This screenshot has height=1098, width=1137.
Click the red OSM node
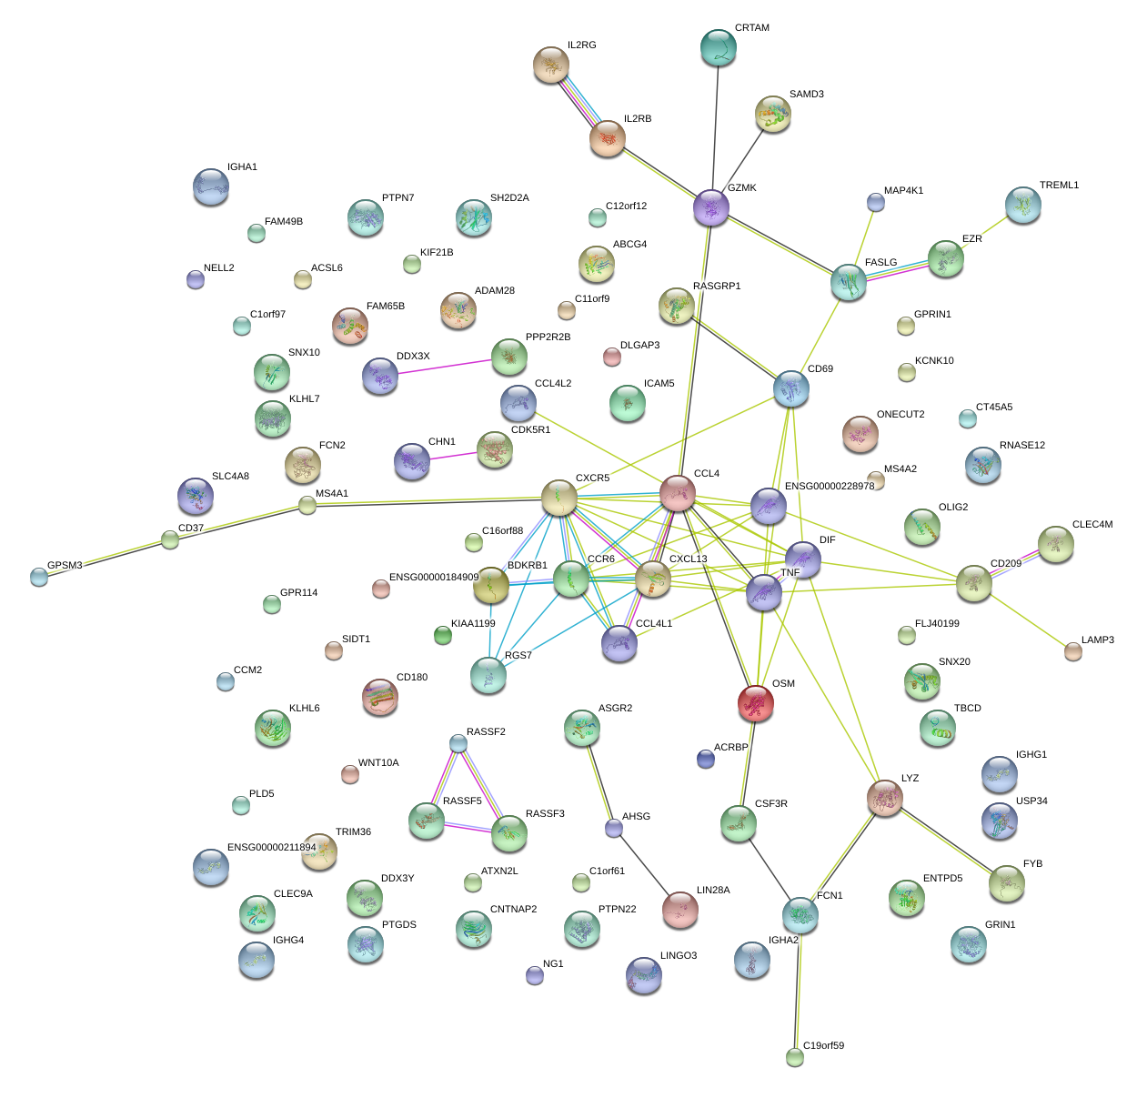tap(755, 703)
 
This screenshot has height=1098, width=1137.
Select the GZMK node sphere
tap(711, 207)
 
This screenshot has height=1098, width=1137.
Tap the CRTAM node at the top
tap(719, 47)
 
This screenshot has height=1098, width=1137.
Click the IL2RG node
tap(551, 65)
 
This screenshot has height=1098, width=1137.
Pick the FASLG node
tap(848, 283)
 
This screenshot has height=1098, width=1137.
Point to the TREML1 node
tap(1023, 205)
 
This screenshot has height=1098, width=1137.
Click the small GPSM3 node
tap(38, 576)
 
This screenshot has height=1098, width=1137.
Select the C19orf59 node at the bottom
tap(795, 1056)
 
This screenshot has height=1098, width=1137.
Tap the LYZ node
tap(884, 797)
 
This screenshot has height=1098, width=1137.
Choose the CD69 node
tap(790, 388)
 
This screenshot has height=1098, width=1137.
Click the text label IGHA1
tap(242, 167)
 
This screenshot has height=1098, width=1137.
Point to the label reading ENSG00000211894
tap(271, 848)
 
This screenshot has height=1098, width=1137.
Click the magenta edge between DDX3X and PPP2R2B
tap(445, 367)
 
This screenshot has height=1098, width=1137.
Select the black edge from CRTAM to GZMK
tap(716, 127)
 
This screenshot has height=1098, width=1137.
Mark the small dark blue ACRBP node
tap(705, 758)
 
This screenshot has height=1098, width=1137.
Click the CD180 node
tap(379, 697)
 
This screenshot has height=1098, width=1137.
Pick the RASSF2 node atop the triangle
tap(458, 743)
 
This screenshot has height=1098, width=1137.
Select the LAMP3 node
tap(1073, 650)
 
